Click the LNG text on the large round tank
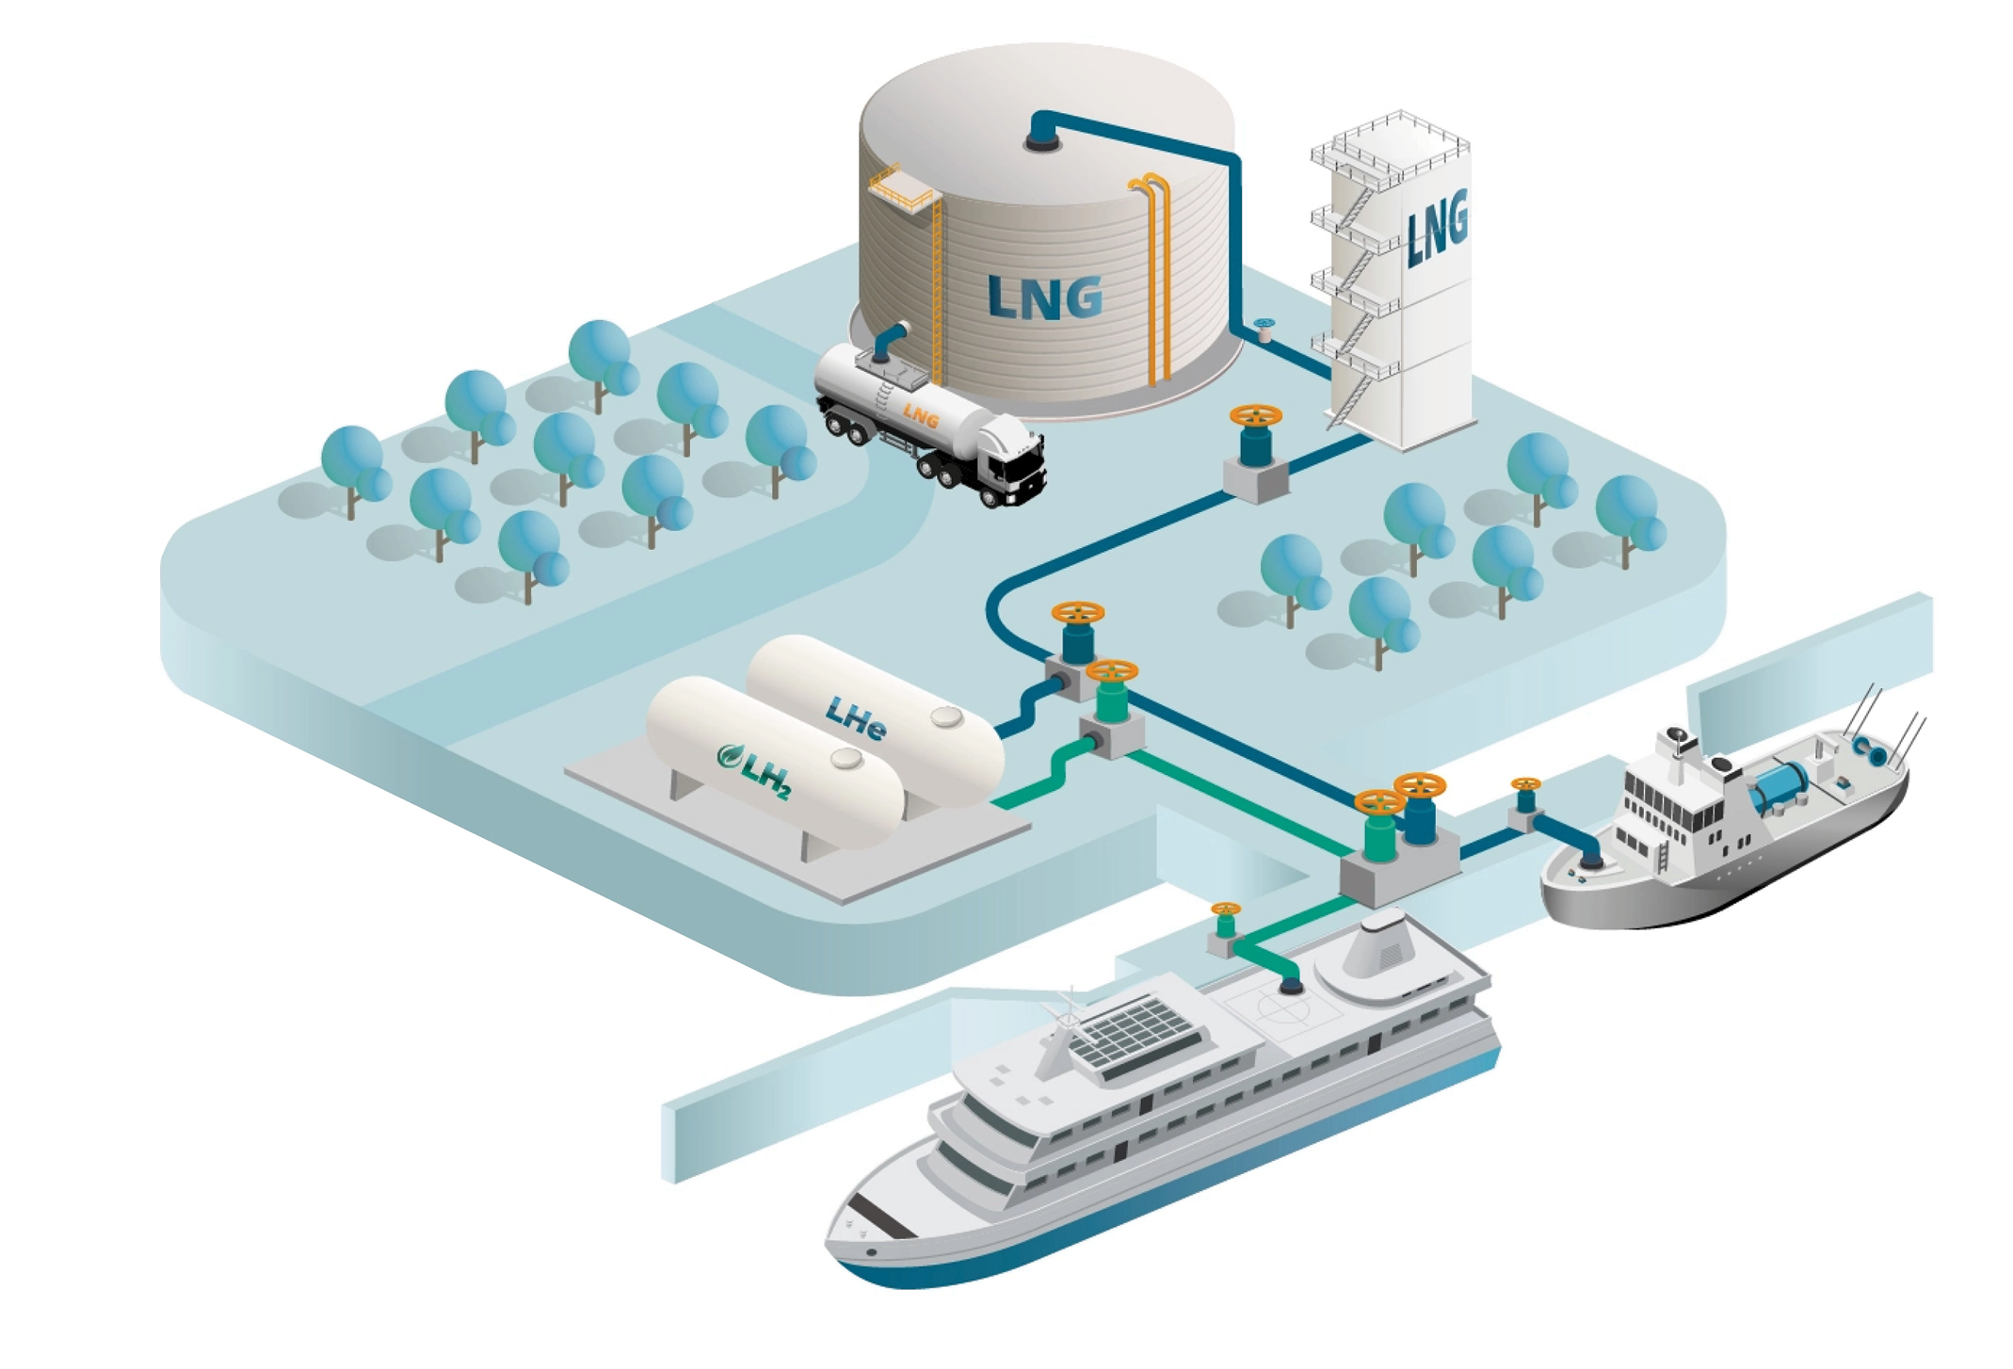[1045, 298]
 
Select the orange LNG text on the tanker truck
[920, 415]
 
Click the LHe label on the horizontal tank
[856, 718]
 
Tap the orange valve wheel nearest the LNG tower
[1256, 415]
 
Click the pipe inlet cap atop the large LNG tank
[1042, 139]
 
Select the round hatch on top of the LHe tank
[946, 718]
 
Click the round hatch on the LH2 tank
[846, 758]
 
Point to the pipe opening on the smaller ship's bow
[1591, 859]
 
